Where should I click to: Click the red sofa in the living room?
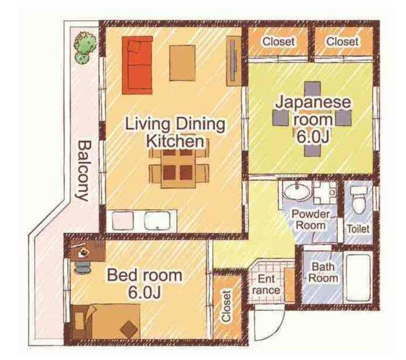pyautogui.click(x=137, y=65)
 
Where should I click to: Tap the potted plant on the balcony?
pyautogui.click(x=85, y=48)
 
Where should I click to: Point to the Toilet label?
pyautogui.click(x=358, y=229)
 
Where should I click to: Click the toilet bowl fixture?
pyautogui.click(x=359, y=199)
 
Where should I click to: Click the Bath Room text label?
pyautogui.click(x=323, y=273)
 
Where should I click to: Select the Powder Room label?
pyautogui.click(x=311, y=220)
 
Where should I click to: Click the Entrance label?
pyautogui.click(x=266, y=284)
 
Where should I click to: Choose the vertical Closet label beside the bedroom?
pyautogui.click(x=226, y=306)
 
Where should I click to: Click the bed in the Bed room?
pyautogui.click(x=106, y=321)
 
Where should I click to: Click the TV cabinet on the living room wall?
pyautogui.click(x=234, y=61)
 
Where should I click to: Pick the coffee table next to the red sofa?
pyautogui.click(x=182, y=63)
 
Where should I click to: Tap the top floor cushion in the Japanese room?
pyautogui.click(x=313, y=91)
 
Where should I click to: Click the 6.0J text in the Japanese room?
pyautogui.click(x=313, y=136)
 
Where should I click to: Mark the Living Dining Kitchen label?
pyautogui.click(x=175, y=132)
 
